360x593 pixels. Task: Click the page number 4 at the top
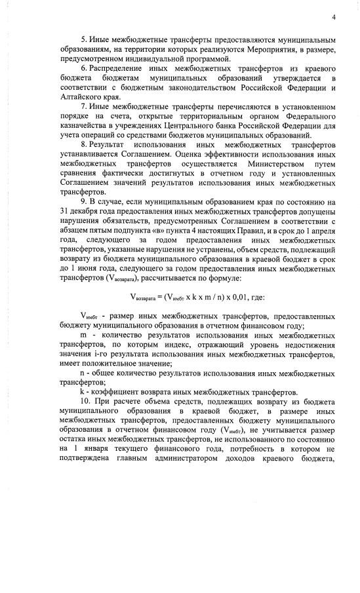[x=334, y=17]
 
